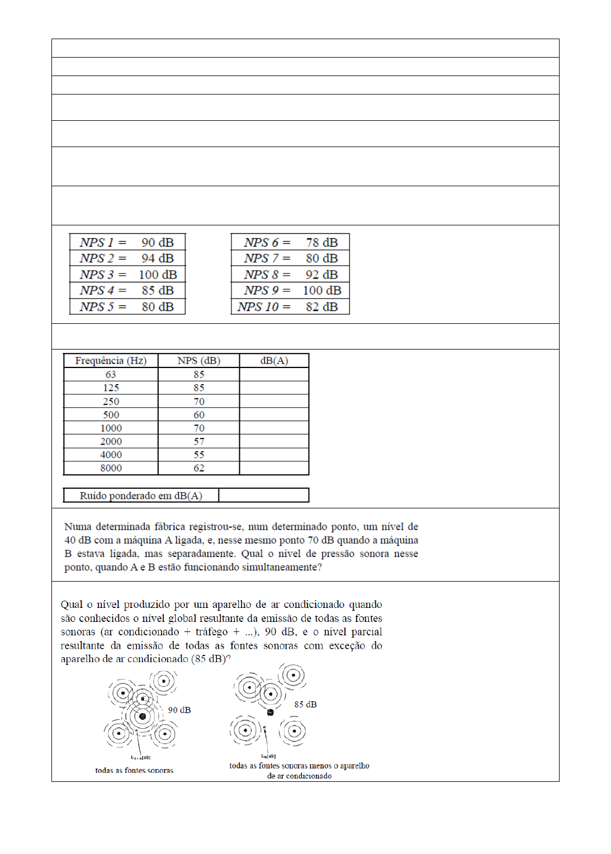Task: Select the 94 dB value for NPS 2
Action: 157,258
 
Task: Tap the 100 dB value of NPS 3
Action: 157,275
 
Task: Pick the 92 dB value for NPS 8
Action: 321,275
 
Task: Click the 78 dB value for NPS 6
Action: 321,242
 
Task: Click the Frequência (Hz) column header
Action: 111,361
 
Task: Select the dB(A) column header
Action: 274,361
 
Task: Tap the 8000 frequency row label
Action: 111,468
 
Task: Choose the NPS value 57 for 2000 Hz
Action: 199,441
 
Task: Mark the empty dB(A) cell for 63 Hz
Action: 274,374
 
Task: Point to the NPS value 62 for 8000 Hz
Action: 199,468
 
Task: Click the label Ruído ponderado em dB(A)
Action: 141,496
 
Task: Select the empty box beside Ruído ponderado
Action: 263,496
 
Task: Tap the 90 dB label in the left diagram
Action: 179,710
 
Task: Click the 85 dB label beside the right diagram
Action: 305,705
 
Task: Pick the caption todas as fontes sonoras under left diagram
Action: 134,770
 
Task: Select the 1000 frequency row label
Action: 111,428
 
